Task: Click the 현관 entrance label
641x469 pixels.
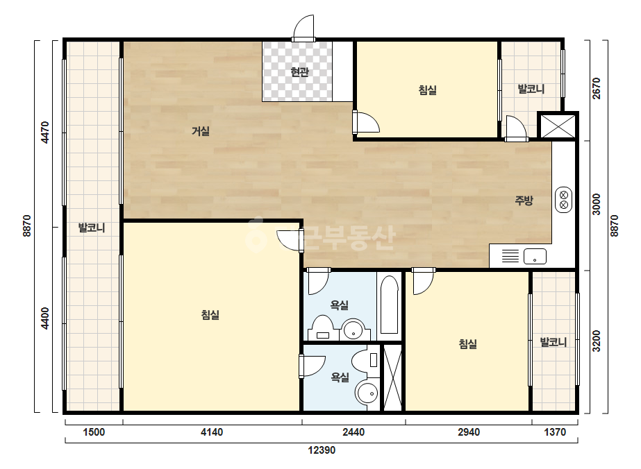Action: (299, 72)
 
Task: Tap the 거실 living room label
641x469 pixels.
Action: (200, 131)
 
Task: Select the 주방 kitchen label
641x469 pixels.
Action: (524, 201)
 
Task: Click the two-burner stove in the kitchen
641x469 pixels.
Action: (563, 200)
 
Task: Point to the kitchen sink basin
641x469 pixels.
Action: (535, 256)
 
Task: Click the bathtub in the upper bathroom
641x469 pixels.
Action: (389, 305)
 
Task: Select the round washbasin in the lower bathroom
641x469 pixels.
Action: (367, 393)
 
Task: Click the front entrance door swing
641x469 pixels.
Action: (303, 28)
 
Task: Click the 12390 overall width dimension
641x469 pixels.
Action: (322, 450)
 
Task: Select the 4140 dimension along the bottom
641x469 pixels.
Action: (212, 432)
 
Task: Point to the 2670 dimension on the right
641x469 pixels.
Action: (597, 88)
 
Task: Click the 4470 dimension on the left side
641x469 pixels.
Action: (45, 133)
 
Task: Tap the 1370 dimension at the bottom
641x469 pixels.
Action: (555, 432)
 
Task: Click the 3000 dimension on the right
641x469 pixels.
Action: (597, 204)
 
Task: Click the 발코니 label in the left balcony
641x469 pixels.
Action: (92, 228)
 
